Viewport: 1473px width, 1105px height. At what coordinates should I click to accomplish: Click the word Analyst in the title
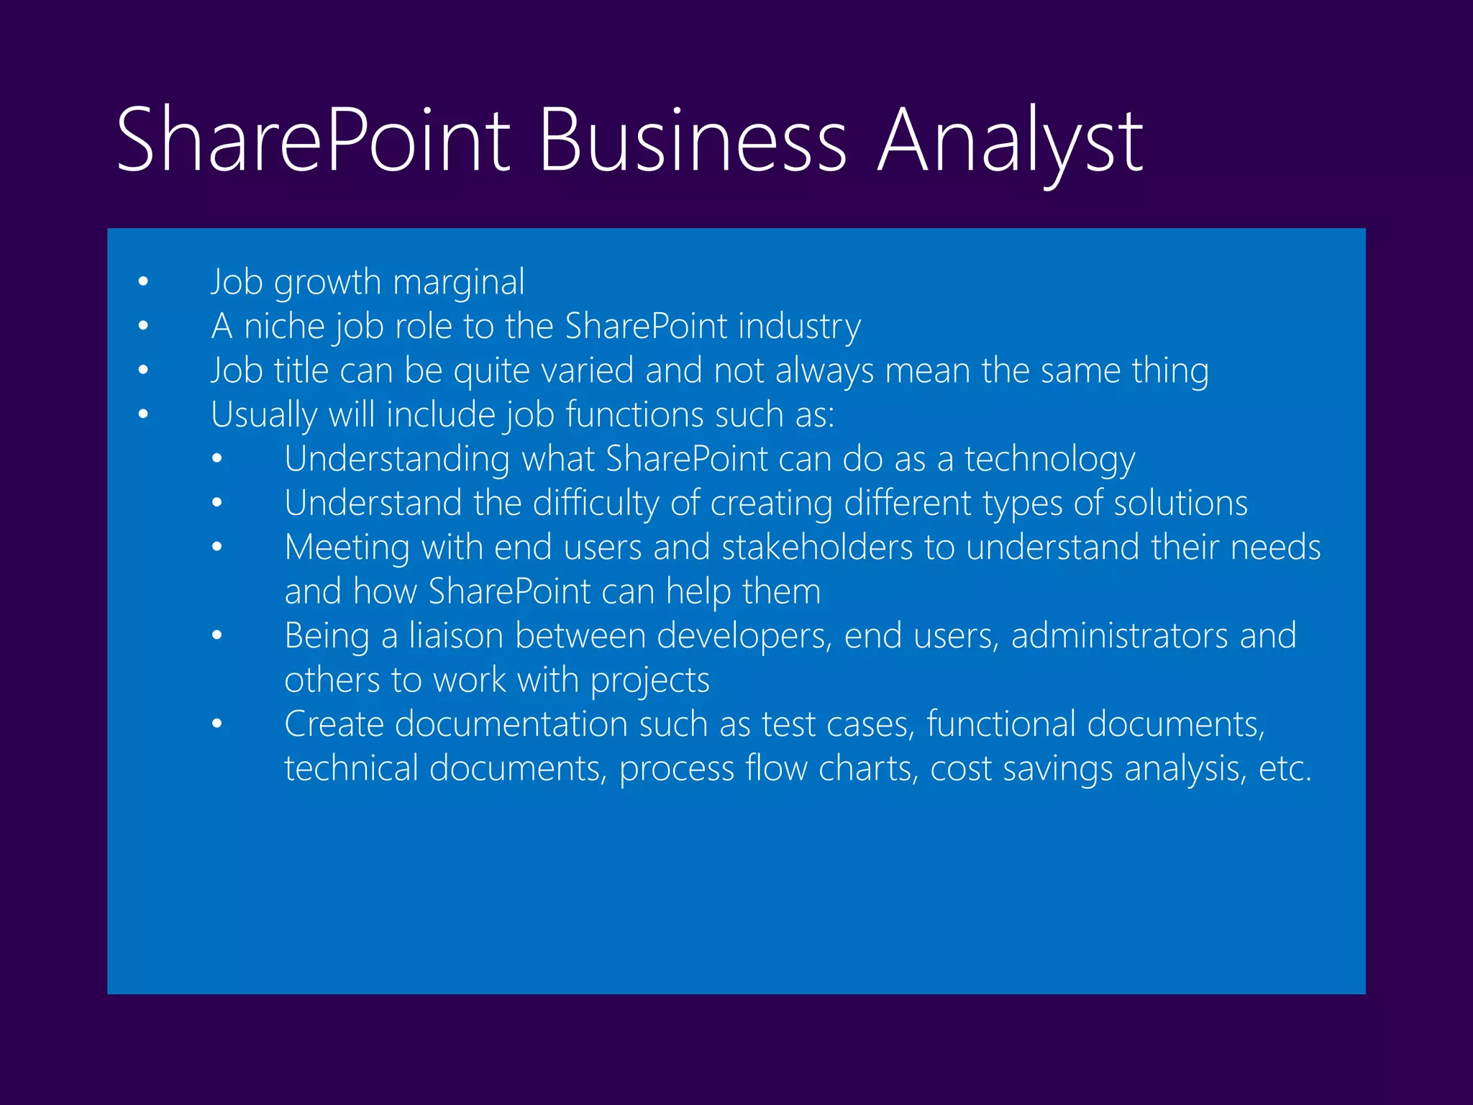click(1010, 140)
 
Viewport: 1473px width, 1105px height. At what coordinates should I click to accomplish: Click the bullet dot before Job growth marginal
click(143, 282)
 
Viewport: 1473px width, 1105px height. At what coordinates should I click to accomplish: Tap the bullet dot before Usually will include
click(143, 414)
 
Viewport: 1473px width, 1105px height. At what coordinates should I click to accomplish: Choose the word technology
click(1049, 459)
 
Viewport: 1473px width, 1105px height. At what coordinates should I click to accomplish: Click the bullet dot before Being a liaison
click(217, 636)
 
